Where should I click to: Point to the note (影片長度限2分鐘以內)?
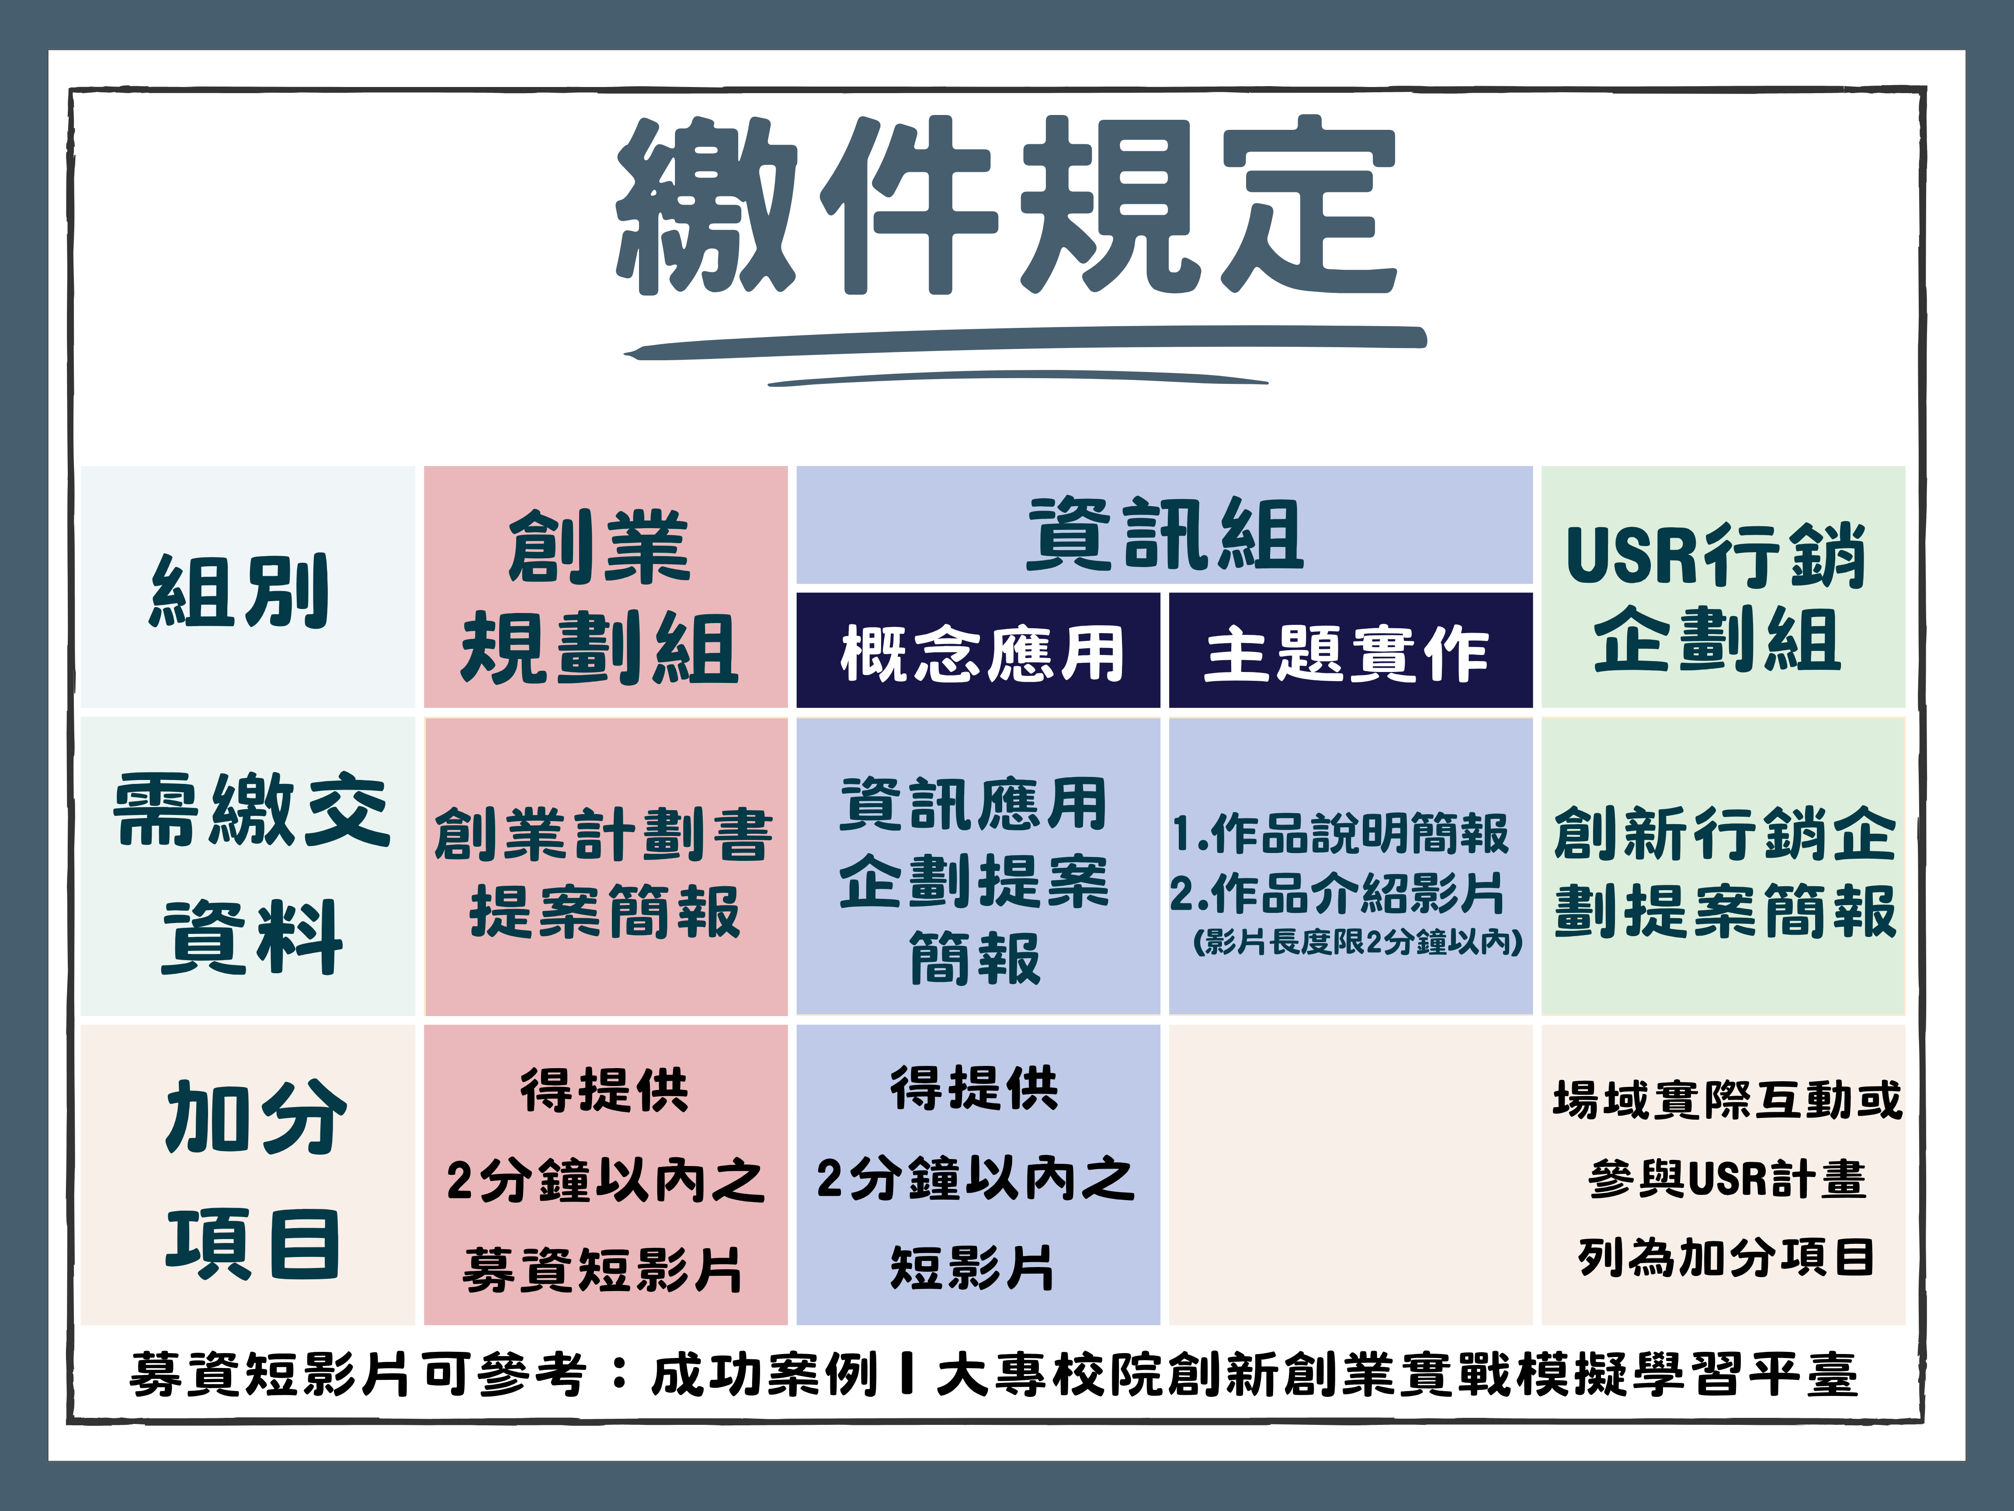[1358, 942]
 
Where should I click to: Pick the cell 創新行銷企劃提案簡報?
[1725, 873]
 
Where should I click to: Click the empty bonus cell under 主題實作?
[1350, 1175]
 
